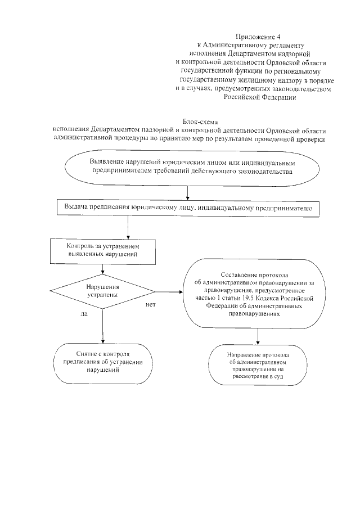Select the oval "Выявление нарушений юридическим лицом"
click(x=191, y=167)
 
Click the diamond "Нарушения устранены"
click(x=102, y=291)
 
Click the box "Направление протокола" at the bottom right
click(x=258, y=366)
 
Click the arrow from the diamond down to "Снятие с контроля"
click(x=102, y=326)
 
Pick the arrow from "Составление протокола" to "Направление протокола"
click(x=258, y=336)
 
